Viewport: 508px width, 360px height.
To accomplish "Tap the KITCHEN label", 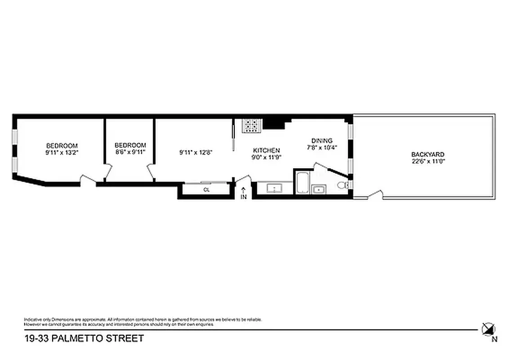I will point(267,150).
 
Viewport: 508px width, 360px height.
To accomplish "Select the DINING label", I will point(322,140).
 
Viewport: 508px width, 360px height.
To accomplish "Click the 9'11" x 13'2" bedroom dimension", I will point(62,153).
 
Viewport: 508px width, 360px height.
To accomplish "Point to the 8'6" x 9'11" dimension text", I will point(130,152).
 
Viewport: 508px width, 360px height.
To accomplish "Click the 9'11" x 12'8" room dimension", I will point(196,153).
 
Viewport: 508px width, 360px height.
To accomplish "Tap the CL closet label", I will point(206,190).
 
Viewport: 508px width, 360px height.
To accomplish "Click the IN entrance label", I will point(244,197).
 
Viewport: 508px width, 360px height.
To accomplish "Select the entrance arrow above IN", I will point(244,190).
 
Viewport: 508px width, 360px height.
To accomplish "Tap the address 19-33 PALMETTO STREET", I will point(84,338).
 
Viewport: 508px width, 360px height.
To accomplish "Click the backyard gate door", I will point(375,195).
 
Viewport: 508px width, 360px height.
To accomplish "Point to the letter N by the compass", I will point(495,339).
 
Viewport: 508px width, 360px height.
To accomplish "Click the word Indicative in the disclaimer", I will point(32,319).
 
